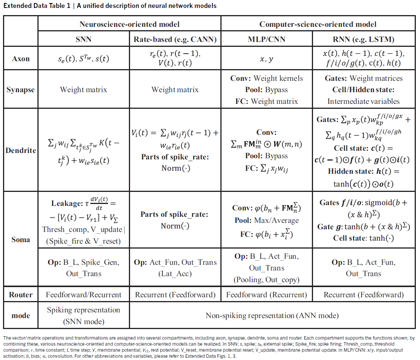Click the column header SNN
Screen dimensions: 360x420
click(x=84, y=39)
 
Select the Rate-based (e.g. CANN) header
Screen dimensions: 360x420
click(x=175, y=39)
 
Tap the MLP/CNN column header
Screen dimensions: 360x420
click(x=267, y=39)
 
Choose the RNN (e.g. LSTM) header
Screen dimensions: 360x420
click(x=363, y=39)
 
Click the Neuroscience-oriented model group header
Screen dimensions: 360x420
click(x=129, y=24)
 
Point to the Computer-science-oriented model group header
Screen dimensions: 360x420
click(x=318, y=24)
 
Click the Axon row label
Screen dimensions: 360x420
click(x=21, y=59)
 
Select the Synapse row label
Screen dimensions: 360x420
click(x=21, y=90)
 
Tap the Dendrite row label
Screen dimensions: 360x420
click(x=21, y=150)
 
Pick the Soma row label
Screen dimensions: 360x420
click(x=21, y=239)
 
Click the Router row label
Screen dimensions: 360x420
click(x=21, y=295)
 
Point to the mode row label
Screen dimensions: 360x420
click(x=21, y=315)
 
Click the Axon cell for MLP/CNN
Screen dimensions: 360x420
click(x=267, y=59)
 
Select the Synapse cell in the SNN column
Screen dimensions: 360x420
click(x=84, y=90)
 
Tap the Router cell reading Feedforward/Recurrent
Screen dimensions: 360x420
click(x=84, y=295)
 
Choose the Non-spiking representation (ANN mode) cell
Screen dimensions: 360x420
click(x=272, y=315)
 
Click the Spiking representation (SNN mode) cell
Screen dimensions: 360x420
click(x=84, y=315)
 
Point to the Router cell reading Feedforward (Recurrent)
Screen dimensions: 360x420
click(x=267, y=295)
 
